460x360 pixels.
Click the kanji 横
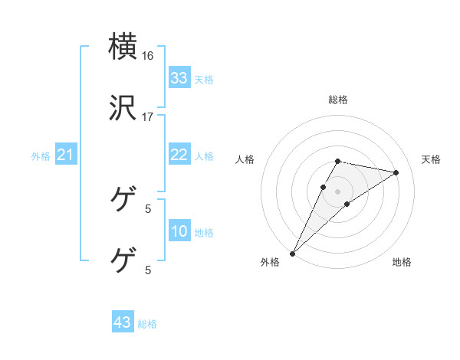(x=123, y=46)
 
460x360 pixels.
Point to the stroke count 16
(x=147, y=56)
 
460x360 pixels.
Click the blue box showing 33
(x=179, y=78)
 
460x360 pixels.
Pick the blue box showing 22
(x=179, y=155)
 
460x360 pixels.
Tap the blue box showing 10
(x=179, y=232)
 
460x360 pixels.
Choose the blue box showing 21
(x=66, y=155)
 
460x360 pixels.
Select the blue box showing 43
(x=123, y=322)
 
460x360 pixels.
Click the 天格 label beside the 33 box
(x=204, y=79)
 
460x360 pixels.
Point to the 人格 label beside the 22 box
(x=204, y=155)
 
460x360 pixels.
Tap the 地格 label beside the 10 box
(x=204, y=233)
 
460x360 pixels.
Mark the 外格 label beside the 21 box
(x=41, y=156)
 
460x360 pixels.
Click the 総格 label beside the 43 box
(x=147, y=324)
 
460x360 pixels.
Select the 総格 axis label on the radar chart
(x=338, y=100)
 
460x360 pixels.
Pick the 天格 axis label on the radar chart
(x=431, y=159)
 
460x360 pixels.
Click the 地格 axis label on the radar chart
(x=402, y=262)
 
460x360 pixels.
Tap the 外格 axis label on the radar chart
(x=270, y=262)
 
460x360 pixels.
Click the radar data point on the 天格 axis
(x=396, y=172)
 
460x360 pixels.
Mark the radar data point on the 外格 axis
(x=292, y=253)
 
